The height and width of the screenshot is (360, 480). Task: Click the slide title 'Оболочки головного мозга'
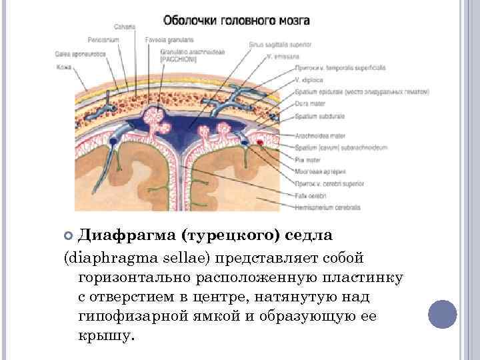(237, 21)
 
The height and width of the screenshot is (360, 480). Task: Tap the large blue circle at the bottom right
(441, 314)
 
